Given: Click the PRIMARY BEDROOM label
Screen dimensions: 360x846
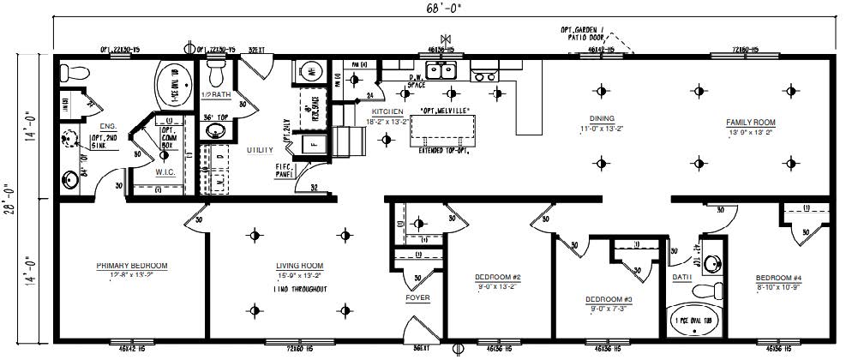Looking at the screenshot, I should (x=131, y=266).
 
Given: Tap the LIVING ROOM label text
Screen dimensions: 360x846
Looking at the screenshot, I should (x=299, y=266).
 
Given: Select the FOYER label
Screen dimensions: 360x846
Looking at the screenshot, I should (x=417, y=297).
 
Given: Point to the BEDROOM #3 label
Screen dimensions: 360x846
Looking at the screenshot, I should (x=609, y=298).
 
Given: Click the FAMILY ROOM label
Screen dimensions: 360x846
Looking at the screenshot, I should (x=750, y=123).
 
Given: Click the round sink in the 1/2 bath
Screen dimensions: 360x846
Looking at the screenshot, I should (x=216, y=131).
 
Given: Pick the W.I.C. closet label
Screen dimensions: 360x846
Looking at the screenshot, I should (x=165, y=171).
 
